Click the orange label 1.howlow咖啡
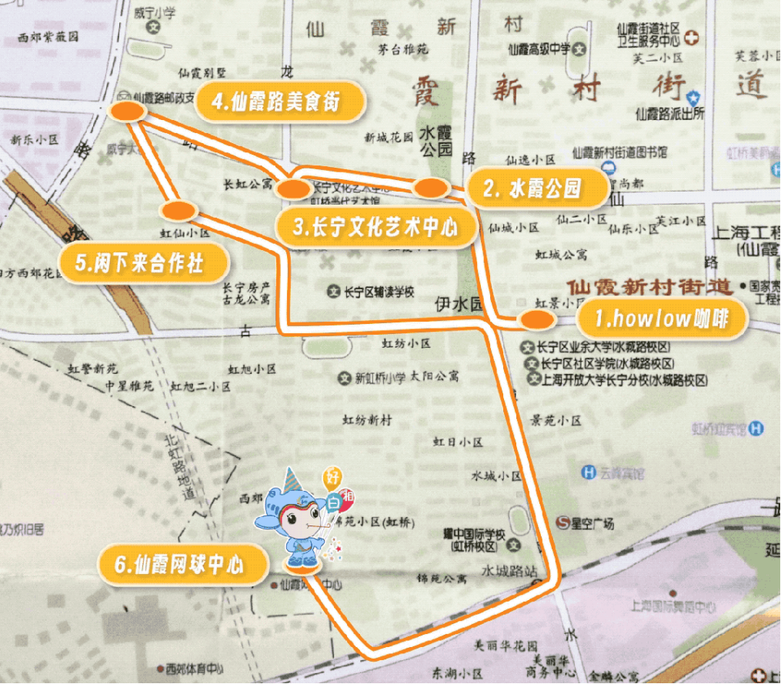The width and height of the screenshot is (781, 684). tap(661, 319)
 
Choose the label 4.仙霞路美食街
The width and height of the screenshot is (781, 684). tap(279, 101)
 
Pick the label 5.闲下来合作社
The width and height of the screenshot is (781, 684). tap(143, 263)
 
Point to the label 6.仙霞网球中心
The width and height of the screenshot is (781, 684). tap(182, 565)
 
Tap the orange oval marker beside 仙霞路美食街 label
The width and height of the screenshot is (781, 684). tap(128, 112)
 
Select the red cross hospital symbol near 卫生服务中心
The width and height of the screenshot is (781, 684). tap(693, 36)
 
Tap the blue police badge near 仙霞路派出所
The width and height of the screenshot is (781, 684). tap(693, 97)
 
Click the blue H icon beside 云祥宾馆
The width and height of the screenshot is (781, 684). tap(589, 472)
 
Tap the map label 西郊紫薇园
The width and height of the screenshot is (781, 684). tap(50, 36)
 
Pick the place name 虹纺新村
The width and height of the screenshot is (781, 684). tap(367, 420)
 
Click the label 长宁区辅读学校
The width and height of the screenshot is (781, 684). tap(377, 292)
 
